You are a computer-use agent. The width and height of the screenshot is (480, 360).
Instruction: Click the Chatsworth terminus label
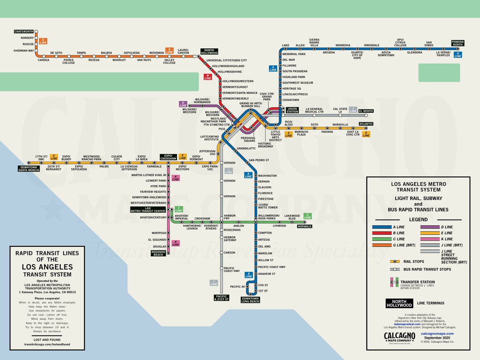click(24, 31)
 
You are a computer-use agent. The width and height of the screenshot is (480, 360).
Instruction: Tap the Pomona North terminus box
click(457, 43)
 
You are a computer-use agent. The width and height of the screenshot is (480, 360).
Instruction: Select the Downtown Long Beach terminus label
click(250, 300)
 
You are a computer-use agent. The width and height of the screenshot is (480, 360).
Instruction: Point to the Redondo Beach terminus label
click(159, 253)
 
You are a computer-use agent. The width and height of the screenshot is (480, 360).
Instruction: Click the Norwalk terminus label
click(304, 226)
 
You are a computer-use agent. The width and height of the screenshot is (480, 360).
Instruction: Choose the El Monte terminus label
click(366, 111)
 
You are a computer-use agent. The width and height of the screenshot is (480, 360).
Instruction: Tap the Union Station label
click(292, 110)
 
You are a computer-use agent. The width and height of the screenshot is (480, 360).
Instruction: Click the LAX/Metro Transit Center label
click(148, 210)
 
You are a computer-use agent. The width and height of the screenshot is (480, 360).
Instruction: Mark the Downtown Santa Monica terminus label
click(28, 168)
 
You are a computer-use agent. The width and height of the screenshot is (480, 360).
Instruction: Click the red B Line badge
click(208, 77)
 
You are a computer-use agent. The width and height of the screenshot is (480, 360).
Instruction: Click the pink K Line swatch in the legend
click(430, 239)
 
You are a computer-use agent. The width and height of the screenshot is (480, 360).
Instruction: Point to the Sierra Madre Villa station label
click(314, 43)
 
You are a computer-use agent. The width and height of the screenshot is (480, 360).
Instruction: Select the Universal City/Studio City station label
click(226, 60)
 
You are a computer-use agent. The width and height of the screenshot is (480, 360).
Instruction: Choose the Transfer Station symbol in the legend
click(394, 282)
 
